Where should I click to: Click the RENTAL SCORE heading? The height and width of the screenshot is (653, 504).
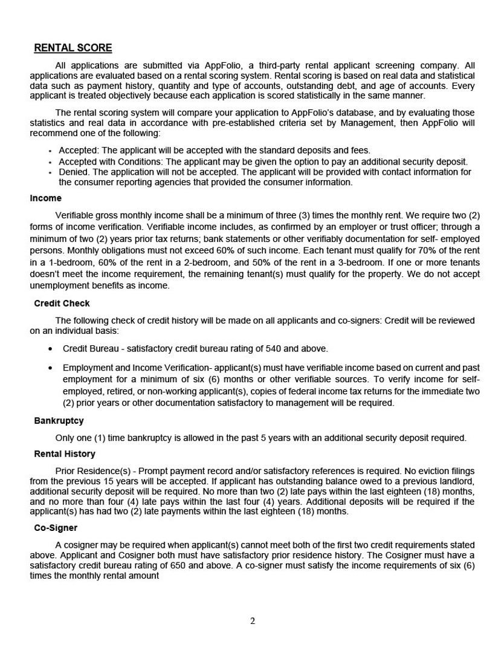point(73,48)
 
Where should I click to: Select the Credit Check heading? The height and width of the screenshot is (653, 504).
point(62,304)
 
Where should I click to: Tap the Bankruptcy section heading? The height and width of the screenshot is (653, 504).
point(59,421)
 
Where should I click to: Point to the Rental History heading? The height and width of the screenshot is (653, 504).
point(65,454)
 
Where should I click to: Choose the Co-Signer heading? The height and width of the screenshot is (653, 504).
point(56,528)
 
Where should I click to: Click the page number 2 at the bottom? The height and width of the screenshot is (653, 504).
point(253,621)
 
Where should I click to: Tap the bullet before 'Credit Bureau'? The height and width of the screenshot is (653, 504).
point(50,349)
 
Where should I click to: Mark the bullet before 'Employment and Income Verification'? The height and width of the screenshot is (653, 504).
point(50,368)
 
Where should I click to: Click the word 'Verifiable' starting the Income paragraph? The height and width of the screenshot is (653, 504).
point(76,216)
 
